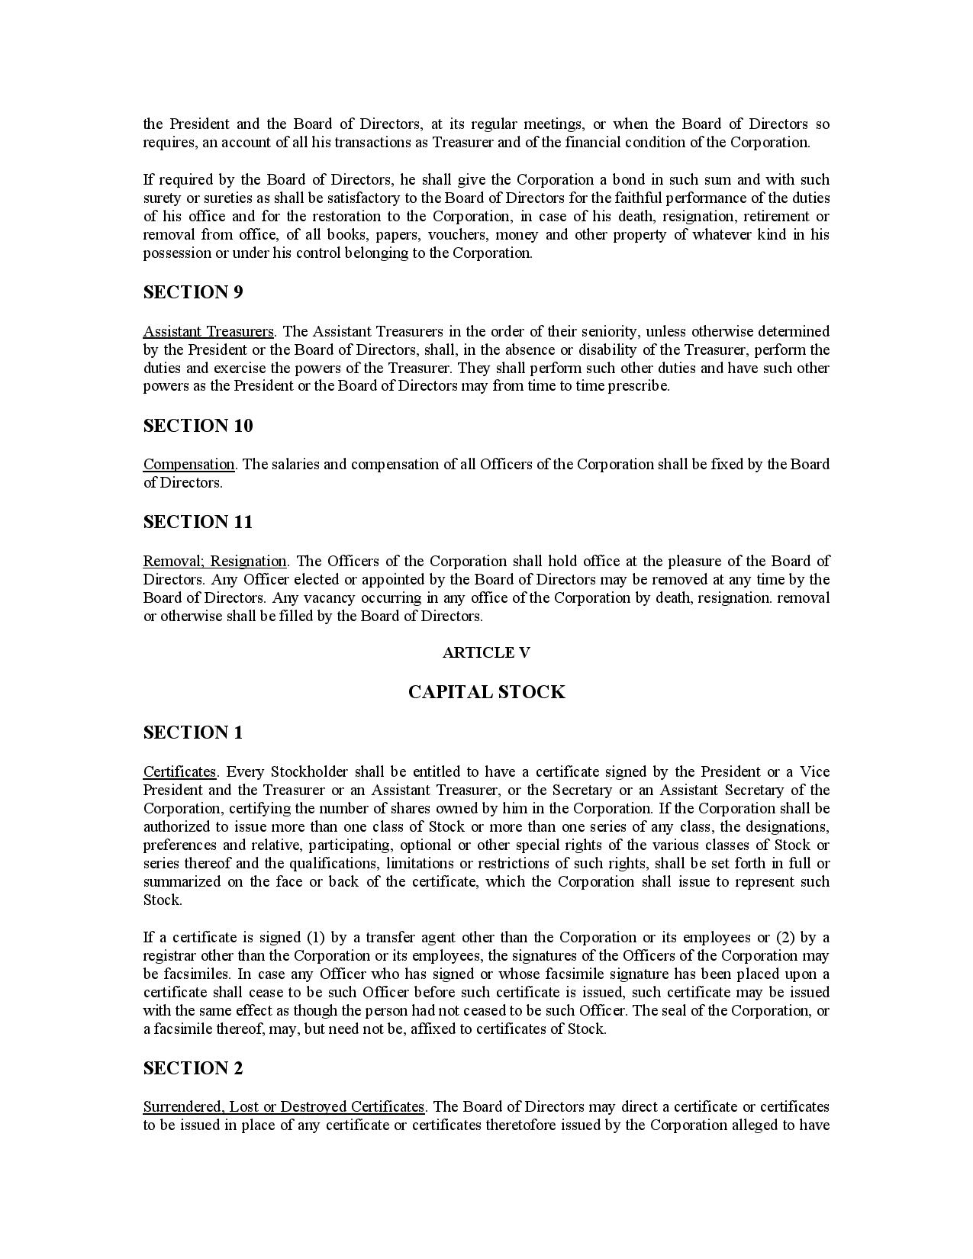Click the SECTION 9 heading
click(x=192, y=292)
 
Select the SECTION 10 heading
click(x=198, y=426)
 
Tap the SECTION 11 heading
click(x=198, y=522)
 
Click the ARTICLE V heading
click(x=486, y=652)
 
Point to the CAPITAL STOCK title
click(x=486, y=692)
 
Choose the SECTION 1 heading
click(x=192, y=733)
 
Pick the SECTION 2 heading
click(x=192, y=1068)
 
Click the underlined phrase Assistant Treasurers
click(x=208, y=331)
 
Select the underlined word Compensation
click(x=188, y=464)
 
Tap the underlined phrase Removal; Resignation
click(x=214, y=561)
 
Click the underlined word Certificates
click(x=179, y=771)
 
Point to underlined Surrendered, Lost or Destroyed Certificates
click(x=283, y=1106)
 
